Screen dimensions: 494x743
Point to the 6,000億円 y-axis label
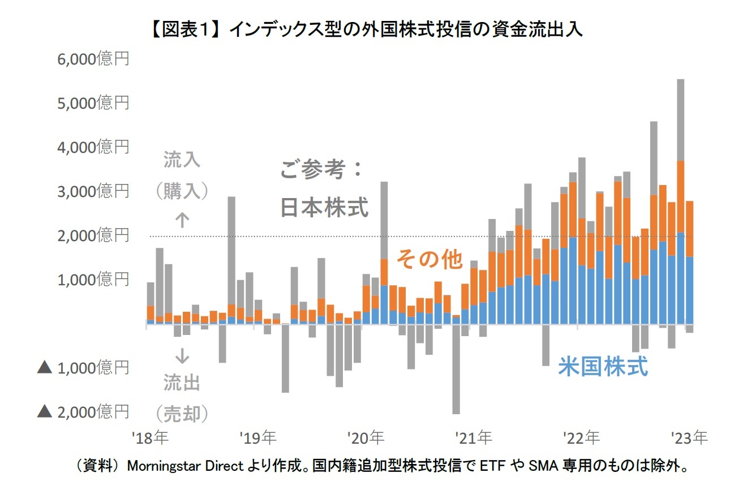pos(93,59)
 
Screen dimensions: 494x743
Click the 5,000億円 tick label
pos(93,103)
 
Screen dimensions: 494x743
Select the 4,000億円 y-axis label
pos(93,147)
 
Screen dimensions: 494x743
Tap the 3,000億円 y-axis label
pos(93,191)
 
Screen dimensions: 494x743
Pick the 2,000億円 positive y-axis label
pos(93,235)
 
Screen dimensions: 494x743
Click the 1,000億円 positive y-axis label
pos(93,280)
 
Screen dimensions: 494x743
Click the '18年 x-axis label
pos(149,437)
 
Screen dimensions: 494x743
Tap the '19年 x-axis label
pos(257,437)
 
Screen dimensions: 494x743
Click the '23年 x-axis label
pos(689,437)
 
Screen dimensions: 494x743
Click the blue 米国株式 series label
pos(603,367)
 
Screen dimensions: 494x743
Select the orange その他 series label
pos(430,259)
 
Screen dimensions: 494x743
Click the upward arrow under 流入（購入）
pos(182,220)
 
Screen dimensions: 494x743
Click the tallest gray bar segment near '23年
pos(681,119)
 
